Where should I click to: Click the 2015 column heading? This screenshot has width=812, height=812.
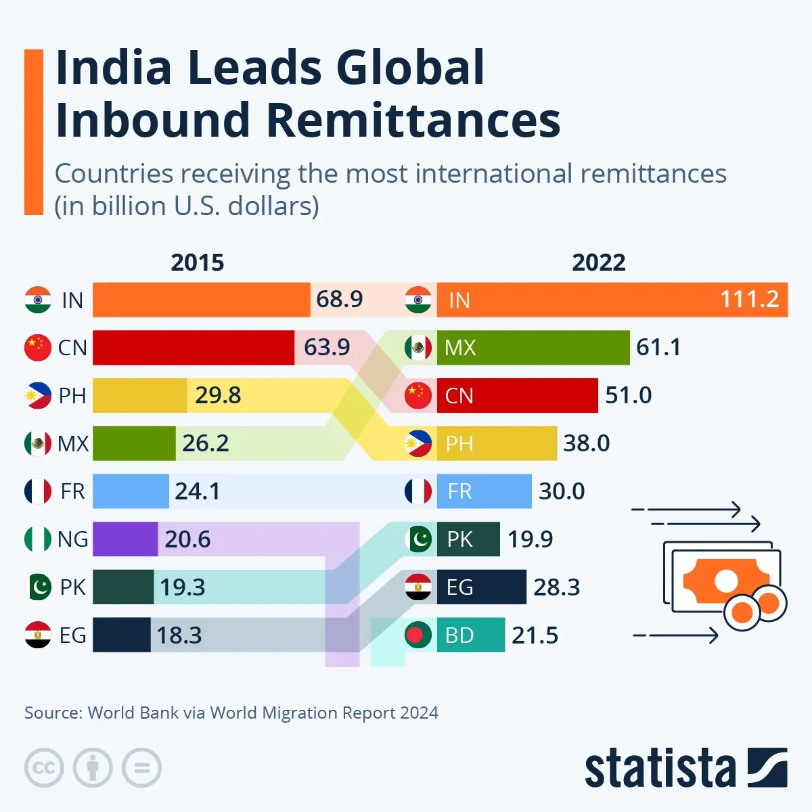coord(197,263)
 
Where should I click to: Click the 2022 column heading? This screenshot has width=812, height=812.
coord(598,263)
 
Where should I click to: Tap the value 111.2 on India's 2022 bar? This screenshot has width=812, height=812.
coord(749,299)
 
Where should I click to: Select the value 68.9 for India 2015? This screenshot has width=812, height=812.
coord(339,299)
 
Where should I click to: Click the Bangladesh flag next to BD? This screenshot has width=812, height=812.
coord(418,635)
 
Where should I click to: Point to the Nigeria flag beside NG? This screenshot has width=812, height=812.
coord(38,539)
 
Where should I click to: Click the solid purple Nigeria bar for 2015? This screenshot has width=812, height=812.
coord(125,539)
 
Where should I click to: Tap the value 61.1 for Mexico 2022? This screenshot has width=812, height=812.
coord(658,347)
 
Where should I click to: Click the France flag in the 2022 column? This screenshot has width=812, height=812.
coord(418,491)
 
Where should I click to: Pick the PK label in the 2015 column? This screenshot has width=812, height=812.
coord(72,587)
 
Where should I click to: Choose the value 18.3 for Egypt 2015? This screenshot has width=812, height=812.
coord(179,635)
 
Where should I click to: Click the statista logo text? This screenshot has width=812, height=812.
coord(660,769)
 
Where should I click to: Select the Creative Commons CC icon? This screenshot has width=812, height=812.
coord(44,768)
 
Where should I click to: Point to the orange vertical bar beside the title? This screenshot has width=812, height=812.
coord(34,132)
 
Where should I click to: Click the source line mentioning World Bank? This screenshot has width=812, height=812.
coord(231,713)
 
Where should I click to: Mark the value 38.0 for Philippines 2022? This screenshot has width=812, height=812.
coord(586,443)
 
